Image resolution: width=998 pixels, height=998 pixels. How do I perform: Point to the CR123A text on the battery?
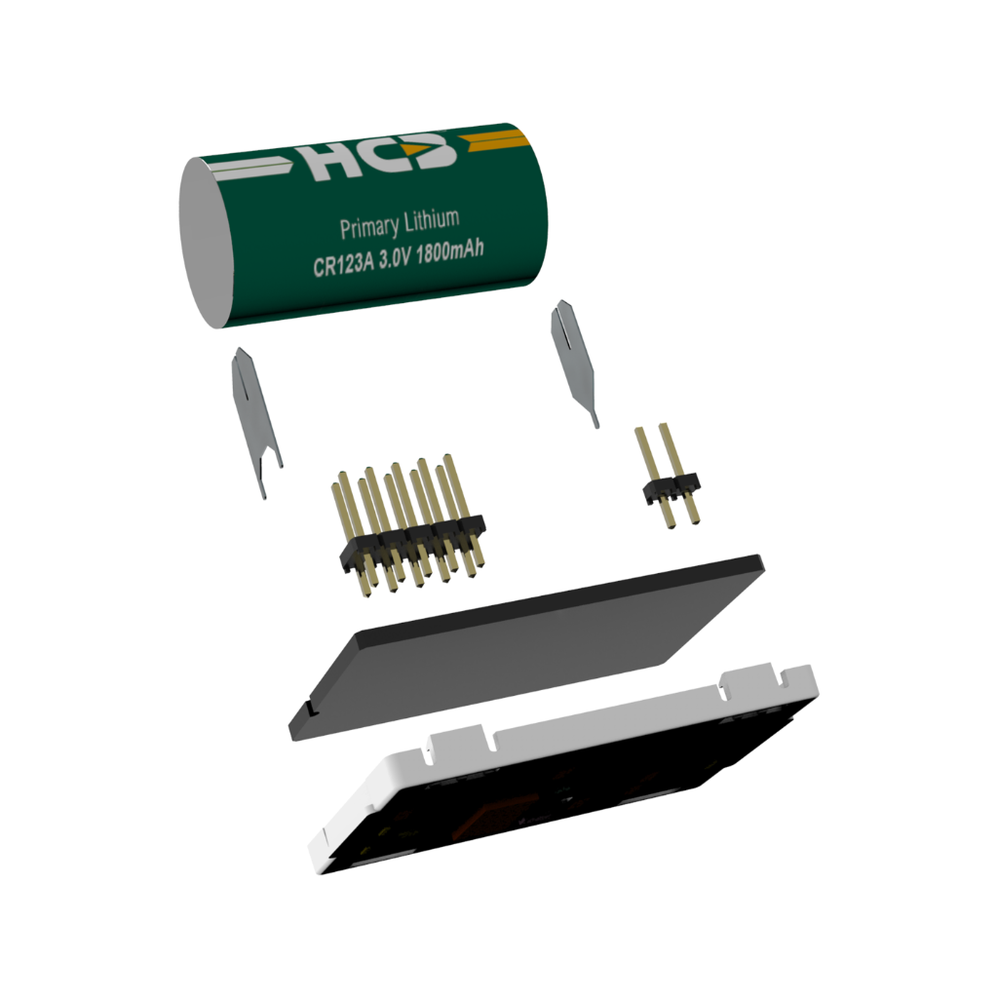tap(342, 263)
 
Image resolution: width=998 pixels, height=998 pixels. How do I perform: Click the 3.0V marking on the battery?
tap(395, 257)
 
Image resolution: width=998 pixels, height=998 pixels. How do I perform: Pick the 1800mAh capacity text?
tap(449, 249)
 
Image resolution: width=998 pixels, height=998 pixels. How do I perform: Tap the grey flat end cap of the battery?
tap(207, 243)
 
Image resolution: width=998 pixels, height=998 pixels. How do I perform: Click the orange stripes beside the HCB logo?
tap(495, 140)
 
